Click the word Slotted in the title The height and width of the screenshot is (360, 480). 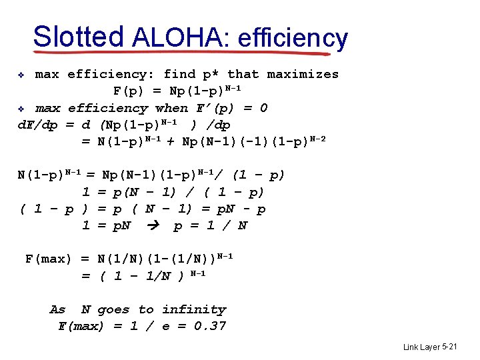click(77, 37)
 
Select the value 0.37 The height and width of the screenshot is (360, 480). click(210, 326)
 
